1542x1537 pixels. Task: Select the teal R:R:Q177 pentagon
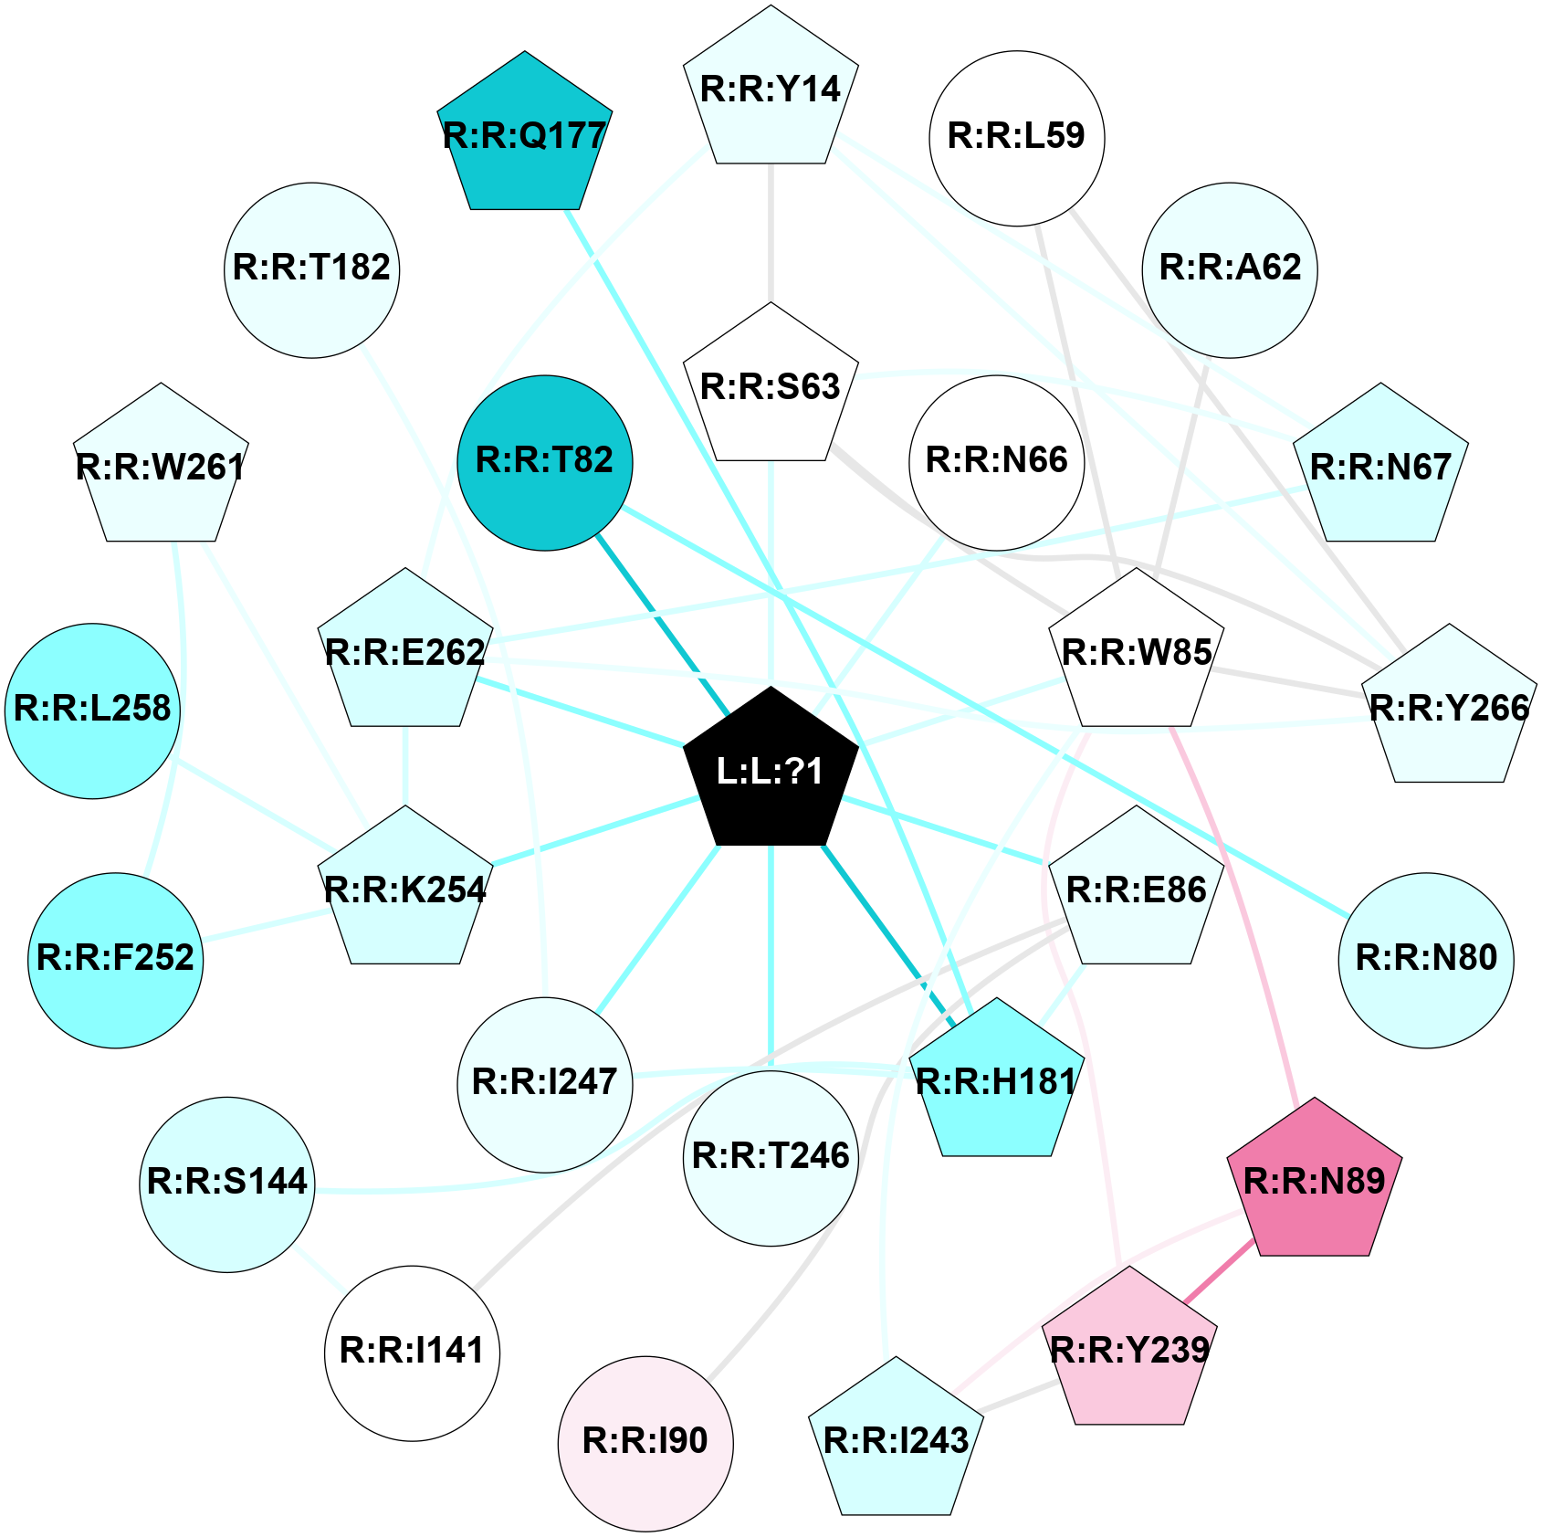(x=525, y=134)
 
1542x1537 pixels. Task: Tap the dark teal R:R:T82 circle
(x=545, y=463)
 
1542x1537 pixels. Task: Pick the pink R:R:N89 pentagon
(x=1315, y=1181)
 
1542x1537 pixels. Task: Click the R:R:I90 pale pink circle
(x=645, y=1444)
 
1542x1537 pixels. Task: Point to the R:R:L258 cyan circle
(x=92, y=711)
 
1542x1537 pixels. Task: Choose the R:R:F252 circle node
(x=116, y=960)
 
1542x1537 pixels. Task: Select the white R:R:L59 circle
(x=1017, y=138)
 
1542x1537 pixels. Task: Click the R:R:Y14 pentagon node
(x=771, y=89)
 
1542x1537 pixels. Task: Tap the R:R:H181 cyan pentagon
(x=997, y=1080)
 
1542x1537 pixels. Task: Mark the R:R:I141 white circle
(x=412, y=1353)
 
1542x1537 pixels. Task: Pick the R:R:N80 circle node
(x=1426, y=960)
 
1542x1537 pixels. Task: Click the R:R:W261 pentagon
(x=161, y=466)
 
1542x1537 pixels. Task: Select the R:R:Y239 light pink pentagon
(x=1130, y=1349)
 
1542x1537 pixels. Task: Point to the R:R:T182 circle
(x=312, y=270)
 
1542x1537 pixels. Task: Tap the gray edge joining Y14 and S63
(x=771, y=233)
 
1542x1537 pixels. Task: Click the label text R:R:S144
(x=227, y=1182)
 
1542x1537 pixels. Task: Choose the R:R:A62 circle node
(x=1230, y=270)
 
